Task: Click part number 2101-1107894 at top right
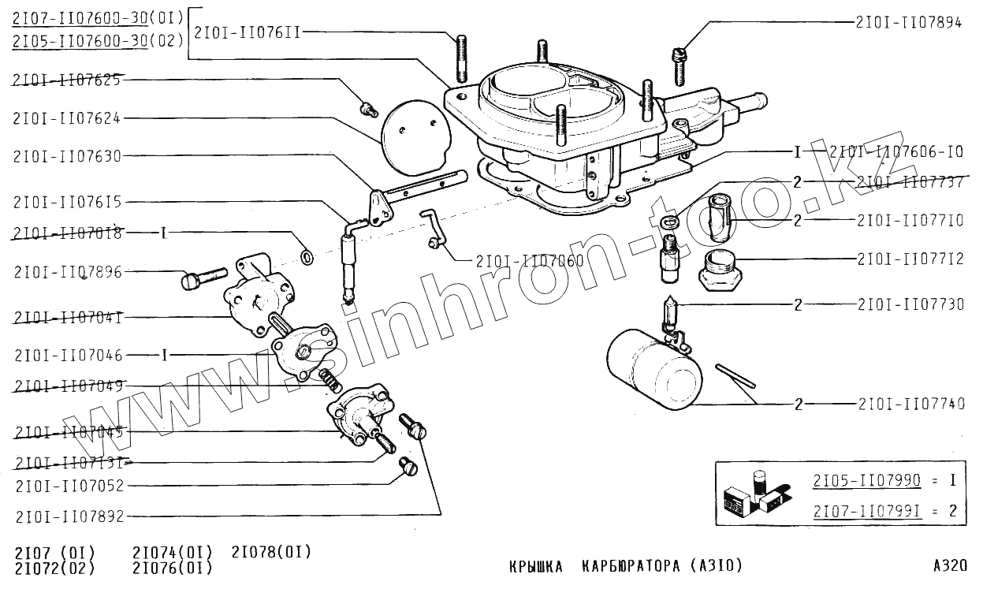tap(908, 23)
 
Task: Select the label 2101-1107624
tap(67, 118)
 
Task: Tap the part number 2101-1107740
tap(910, 404)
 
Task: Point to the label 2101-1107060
tap(530, 260)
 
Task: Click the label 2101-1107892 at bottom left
tap(69, 516)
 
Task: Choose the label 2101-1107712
tap(910, 259)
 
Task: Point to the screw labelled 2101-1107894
tap(679, 64)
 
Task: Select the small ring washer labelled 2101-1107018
tap(307, 256)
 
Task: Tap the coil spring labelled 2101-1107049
tap(332, 382)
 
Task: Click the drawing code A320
tap(949, 565)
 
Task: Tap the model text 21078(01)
tap(271, 551)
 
